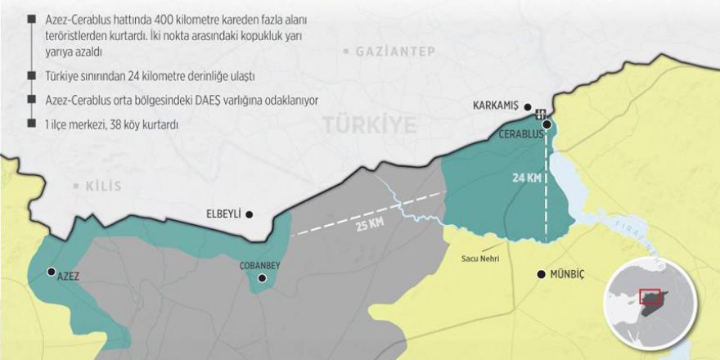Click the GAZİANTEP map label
pyautogui.click(x=395, y=52)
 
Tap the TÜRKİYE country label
pyautogui.click(x=368, y=124)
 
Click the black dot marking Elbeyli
pyautogui.click(x=250, y=214)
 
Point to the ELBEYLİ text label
pyautogui.click(x=223, y=214)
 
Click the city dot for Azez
pyautogui.click(x=52, y=272)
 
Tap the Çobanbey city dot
pyautogui.click(x=263, y=278)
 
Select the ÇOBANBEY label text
pyautogui.click(x=259, y=266)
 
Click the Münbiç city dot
pyautogui.click(x=540, y=274)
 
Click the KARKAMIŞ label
pyautogui.click(x=497, y=106)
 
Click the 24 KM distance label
pyautogui.click(x=526, y=178)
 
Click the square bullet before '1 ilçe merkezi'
pyautogui.click(x=31, y=124)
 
